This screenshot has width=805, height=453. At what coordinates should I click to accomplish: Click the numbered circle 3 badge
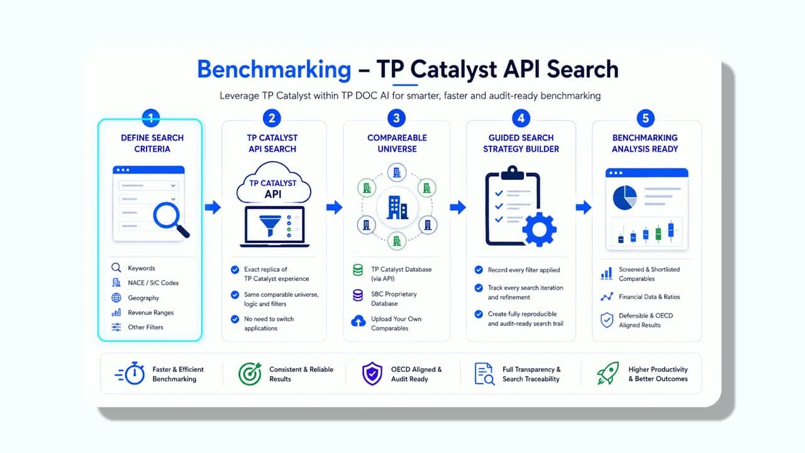(396, 118)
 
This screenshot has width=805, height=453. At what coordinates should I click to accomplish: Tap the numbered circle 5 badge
(645, 118)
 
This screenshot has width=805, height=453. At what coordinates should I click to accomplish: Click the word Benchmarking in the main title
(274, 69)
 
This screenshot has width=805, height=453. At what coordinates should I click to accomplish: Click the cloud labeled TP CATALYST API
(274, 183)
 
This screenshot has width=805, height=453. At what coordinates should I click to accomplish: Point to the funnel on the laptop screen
(270, 225)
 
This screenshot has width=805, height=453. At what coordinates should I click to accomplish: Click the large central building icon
(397, 208)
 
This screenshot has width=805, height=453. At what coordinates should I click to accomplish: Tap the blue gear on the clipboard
(539, 230)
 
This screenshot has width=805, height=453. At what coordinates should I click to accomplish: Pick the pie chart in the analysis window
(625, 198)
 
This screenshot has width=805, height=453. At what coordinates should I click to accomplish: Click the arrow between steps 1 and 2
(213, 207)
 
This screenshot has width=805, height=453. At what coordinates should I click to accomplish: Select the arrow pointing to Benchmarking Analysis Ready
(583, 207)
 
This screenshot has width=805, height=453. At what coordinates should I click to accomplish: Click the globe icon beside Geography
(116, 298)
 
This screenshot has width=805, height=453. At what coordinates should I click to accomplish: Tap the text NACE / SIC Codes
(153, 283)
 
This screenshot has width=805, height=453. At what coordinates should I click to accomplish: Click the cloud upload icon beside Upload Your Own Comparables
(358, 321)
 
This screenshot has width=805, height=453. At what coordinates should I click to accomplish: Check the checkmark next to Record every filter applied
(479, 270)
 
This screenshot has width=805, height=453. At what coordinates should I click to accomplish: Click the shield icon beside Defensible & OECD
(607, 320)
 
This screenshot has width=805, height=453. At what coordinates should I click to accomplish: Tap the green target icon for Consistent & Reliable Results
(250, 374)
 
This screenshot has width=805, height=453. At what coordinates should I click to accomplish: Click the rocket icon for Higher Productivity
(608, 373)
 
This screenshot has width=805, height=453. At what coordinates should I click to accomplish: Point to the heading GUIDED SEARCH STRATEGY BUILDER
(521, 143)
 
